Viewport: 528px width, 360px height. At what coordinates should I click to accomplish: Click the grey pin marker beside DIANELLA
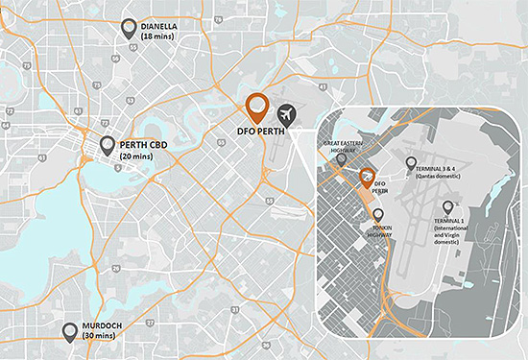pos(129,28)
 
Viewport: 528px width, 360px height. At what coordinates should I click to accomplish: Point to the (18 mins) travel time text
pos(159,36)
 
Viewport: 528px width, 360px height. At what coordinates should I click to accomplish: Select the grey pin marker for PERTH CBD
pos(108,145)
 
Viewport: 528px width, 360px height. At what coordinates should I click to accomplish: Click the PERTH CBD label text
pos(146,145)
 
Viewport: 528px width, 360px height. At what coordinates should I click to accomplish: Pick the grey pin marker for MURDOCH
pos(70,331)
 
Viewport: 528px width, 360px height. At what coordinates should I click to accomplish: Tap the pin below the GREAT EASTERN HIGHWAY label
pos(342,160)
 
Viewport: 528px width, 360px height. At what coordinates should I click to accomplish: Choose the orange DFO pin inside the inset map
pos(367,177)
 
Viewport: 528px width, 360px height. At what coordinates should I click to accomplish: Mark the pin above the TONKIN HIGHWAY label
pos(377,216)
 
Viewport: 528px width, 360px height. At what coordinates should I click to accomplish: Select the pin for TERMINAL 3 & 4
pos(411,163)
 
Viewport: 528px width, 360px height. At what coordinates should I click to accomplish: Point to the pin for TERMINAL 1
pos(447,205)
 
